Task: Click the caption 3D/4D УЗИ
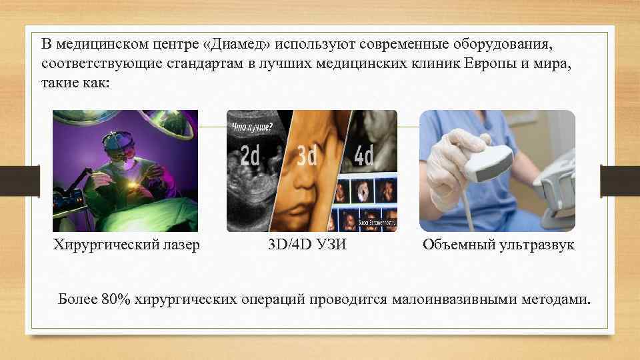[x=307, y=245]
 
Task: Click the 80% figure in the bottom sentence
[x=117, y=298]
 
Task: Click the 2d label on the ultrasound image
[x=251, y=157]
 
